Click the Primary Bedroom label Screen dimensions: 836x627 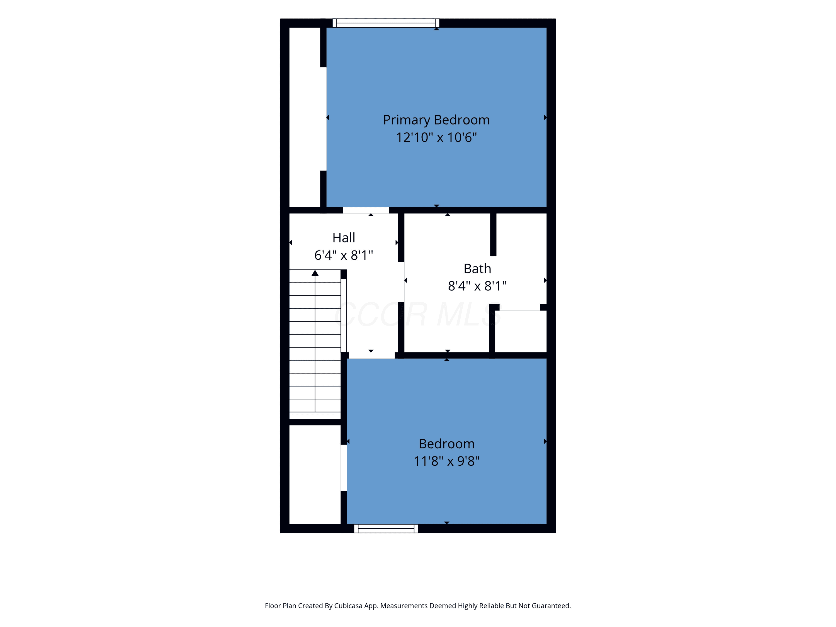[x=436, y=120]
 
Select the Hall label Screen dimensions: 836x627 [x=344, y=238]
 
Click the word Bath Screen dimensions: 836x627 [x=477, y=269]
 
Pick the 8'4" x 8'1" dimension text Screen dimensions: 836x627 [x=477, y=286]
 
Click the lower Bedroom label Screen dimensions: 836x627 [x=446, y=444]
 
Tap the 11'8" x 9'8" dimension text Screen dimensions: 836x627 [x=446, y=461]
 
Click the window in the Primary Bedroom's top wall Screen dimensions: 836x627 [x=386, y=23]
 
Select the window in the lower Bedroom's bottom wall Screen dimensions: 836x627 [x=386, y=528]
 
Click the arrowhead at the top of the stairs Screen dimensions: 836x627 [x=315, y=273]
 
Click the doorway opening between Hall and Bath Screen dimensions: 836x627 [x=401, y=282]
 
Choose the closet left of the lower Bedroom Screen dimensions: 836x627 [x=315, y=474]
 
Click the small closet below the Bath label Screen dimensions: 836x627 [x=521, y=331]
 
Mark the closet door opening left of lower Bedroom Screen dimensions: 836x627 [x=344, y=468]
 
